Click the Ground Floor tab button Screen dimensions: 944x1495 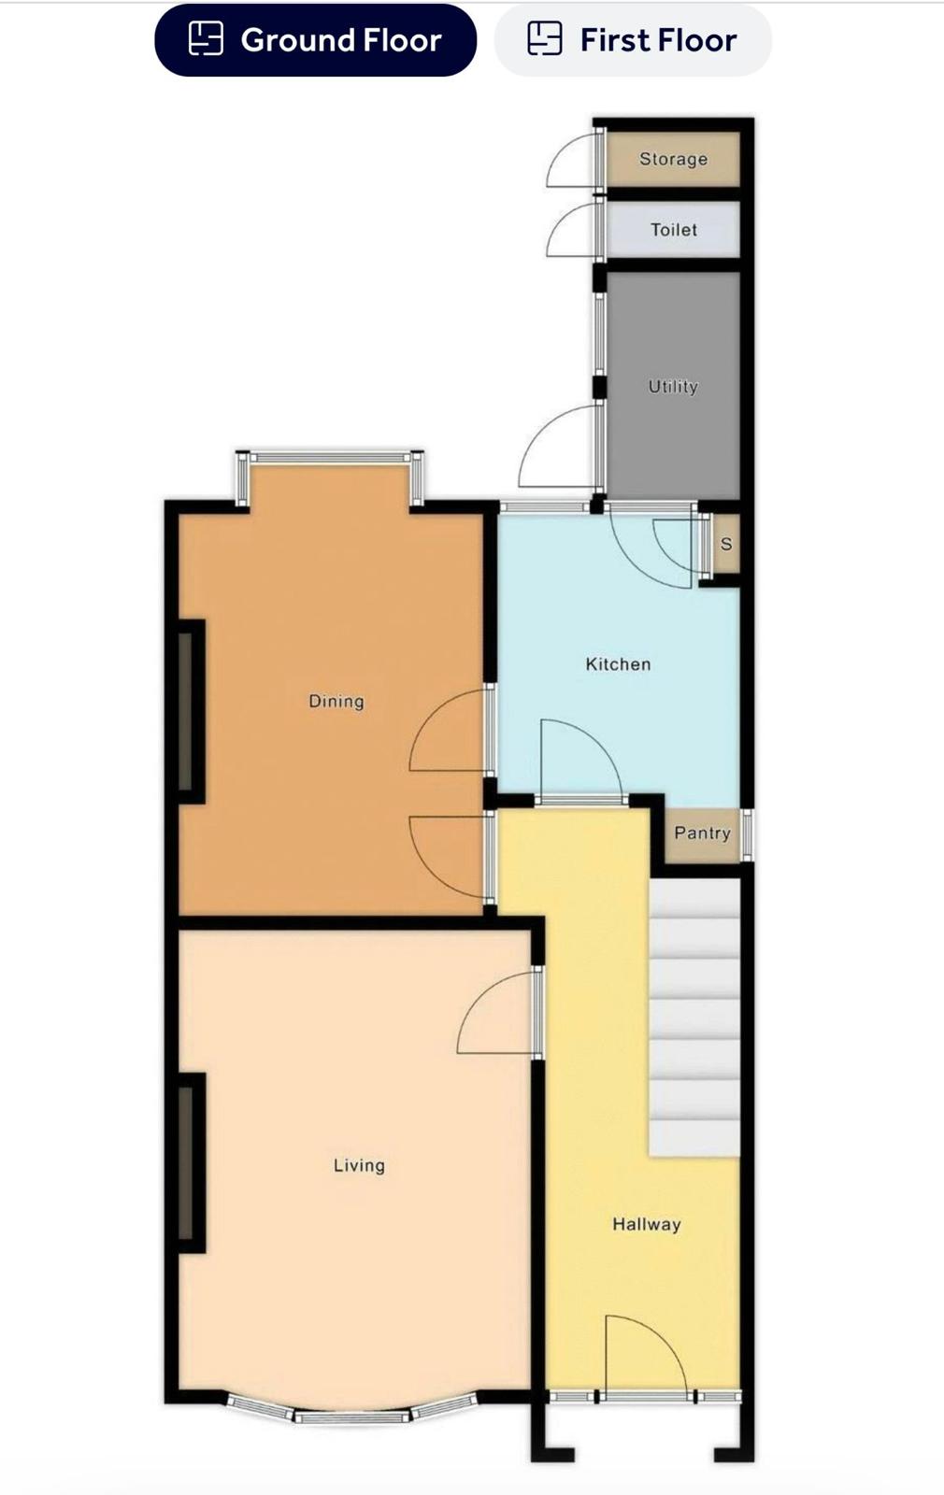coord(315,40)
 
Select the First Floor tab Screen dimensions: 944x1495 coord(632,40)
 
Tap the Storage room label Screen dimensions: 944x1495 coord(673,159)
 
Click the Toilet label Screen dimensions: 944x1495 coord(674,230)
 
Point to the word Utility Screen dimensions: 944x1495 coord(673,387)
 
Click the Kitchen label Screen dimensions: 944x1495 coord(618,664)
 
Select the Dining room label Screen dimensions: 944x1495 coord(336,702)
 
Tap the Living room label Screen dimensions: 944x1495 coord(359,1166)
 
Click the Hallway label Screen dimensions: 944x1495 coord(646,1224)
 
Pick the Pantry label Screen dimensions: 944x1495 coord(702,833)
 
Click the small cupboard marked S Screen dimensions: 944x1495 coord(725,543)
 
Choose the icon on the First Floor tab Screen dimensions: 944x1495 coord(545,37)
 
